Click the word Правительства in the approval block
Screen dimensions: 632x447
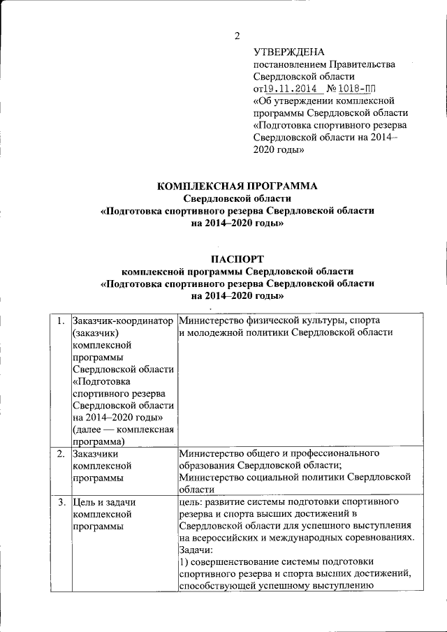coord(357,64)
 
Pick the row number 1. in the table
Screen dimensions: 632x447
coord(61,321)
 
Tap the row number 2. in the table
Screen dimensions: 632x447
coord(61,454)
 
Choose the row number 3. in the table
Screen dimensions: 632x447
coord(61,502)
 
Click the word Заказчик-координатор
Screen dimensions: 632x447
coord(123,321)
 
